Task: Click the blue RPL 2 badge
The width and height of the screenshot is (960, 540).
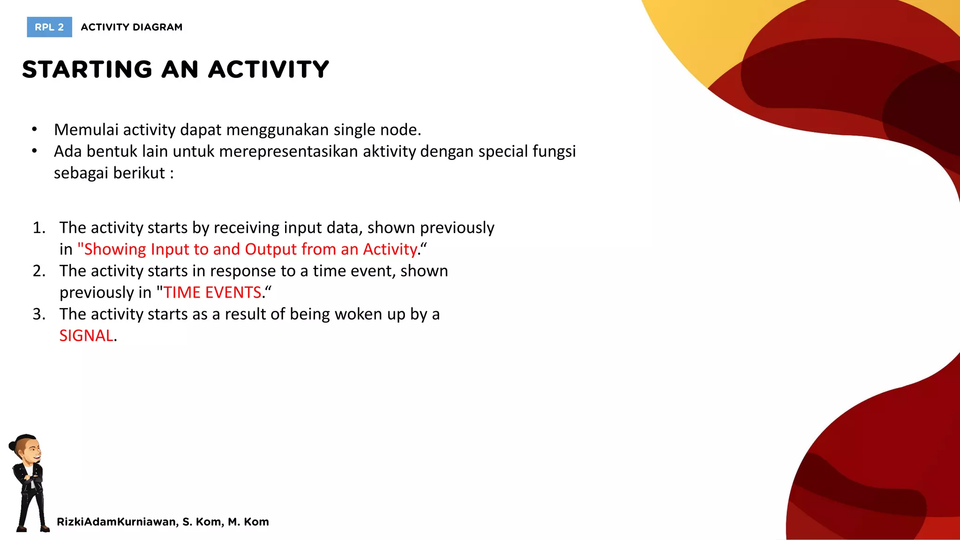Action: pos(49,27)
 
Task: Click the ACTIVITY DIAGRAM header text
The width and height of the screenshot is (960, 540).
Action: pos(131,27)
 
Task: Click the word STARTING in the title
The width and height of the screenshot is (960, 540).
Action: pos(87,69)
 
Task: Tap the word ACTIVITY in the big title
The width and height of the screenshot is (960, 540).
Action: pos(269,69)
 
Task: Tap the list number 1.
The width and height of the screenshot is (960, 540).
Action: pos(39,228)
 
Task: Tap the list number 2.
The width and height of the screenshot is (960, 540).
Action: pos(39,271)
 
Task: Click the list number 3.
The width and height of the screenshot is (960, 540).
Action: pos(39,314)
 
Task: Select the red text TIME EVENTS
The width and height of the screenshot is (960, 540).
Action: pos(212,292)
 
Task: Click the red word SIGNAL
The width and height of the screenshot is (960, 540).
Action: pos(86,336)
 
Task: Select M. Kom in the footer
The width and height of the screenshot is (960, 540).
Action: pos(248,522)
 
